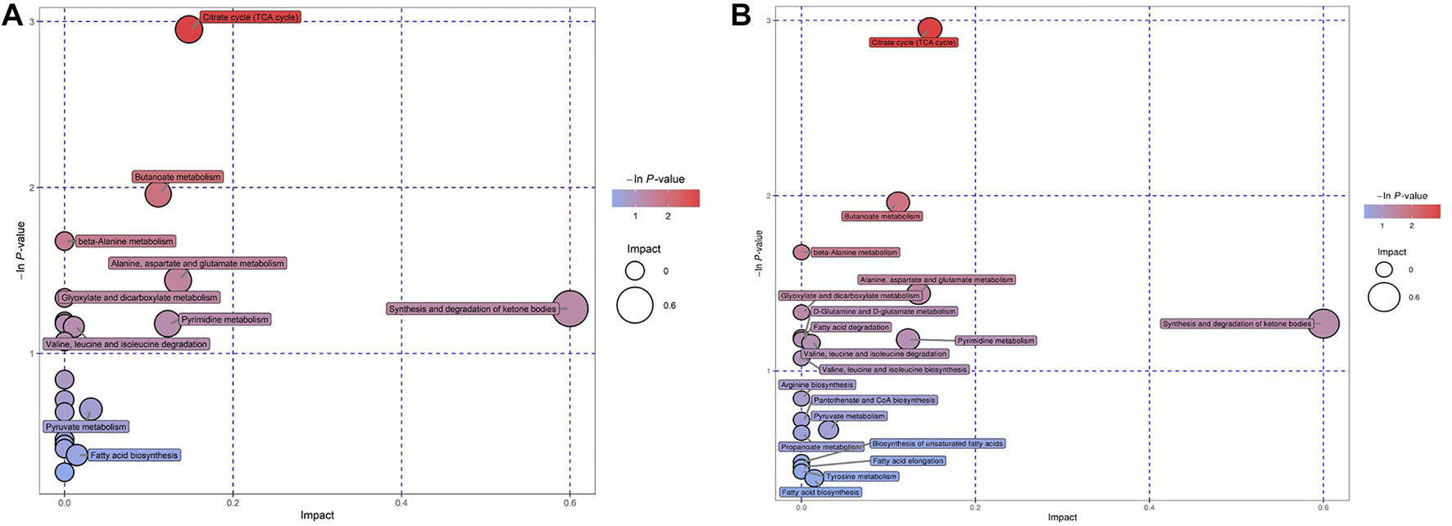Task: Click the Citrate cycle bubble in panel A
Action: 188,29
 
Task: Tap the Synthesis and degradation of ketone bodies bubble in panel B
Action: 1323,324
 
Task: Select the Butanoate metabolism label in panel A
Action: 178,177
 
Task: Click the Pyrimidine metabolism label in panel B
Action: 996,340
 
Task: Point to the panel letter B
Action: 741,16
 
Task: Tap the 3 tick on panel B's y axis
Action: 769,20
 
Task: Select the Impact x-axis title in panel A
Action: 317,515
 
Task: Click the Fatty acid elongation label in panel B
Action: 908,461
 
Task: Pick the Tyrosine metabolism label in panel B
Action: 860,476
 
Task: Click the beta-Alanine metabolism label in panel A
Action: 125,242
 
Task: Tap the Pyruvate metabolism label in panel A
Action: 86,427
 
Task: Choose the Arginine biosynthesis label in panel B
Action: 817,384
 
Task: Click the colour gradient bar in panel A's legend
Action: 656,198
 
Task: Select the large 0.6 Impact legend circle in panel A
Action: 635,306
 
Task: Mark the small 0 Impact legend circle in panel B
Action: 1384,270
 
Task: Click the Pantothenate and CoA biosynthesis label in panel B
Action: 873,400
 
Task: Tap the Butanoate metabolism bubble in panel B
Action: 898,202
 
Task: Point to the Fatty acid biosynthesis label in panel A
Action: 134,456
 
